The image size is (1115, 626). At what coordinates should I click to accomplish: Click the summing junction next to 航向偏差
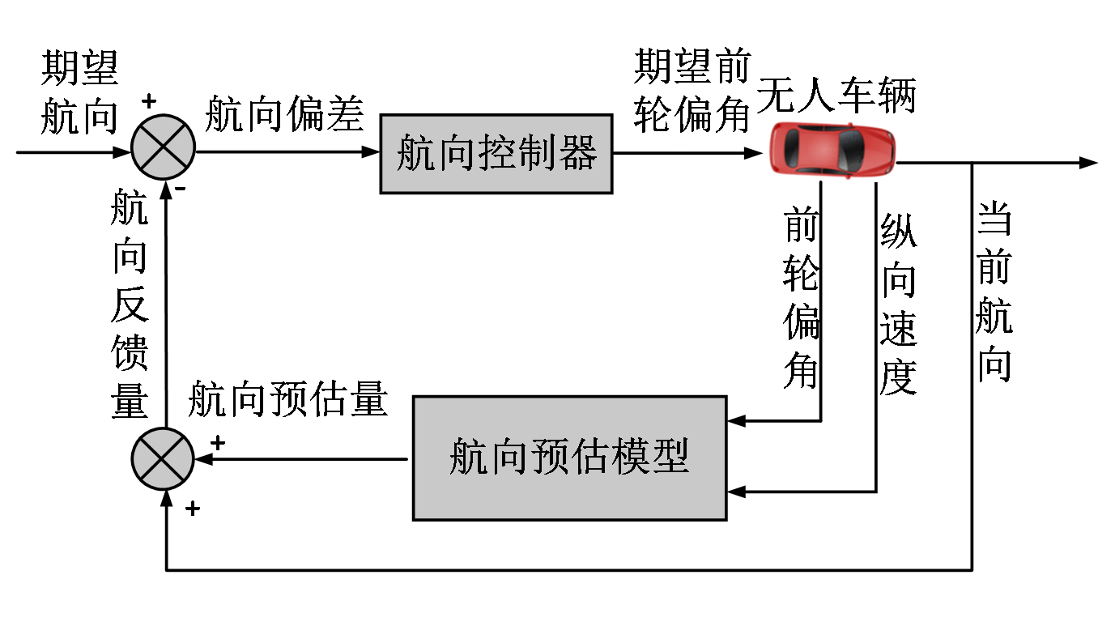[x=163, y=147]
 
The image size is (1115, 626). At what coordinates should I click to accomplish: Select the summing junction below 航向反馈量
[x=163, y=458]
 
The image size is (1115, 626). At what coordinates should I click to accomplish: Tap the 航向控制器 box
[x=496, y=154]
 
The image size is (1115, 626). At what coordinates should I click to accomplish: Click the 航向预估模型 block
[x=569, y=457]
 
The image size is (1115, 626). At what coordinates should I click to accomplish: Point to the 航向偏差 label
[x=284, y=116]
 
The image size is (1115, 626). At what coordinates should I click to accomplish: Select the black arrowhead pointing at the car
[x=754, y=153]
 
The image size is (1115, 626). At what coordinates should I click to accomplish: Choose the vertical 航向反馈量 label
[x=130, y=304]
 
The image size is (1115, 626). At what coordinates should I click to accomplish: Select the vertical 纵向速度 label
[x=898, y=304]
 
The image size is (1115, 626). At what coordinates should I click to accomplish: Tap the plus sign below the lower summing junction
[x=194, y=509]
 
